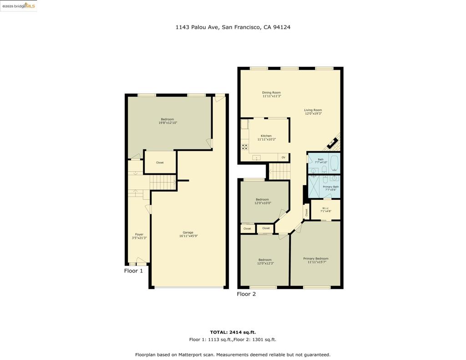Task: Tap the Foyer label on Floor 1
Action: (x=139, y=234)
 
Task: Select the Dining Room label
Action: (x=271, y=92)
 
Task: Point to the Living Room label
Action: (x=313, y=110)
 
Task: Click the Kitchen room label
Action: (x=266, y=136)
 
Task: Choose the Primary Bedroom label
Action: (x=316, y=259)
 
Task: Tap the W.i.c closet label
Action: (x=326, y=208)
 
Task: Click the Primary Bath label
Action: (x=331, y=187)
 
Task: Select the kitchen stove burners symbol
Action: (x=245, y=147)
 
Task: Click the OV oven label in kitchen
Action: (x=284, y=157)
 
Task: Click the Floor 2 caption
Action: (x=246, y=294)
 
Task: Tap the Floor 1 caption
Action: (x=134, y=271)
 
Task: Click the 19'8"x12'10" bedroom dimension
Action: (x=167, y=123)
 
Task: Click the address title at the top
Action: (x=233, y=27)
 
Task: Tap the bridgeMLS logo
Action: (x=18, y=6)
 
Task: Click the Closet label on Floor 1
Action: (x=160, y=162)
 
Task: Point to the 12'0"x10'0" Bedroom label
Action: (x=262, y=199)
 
